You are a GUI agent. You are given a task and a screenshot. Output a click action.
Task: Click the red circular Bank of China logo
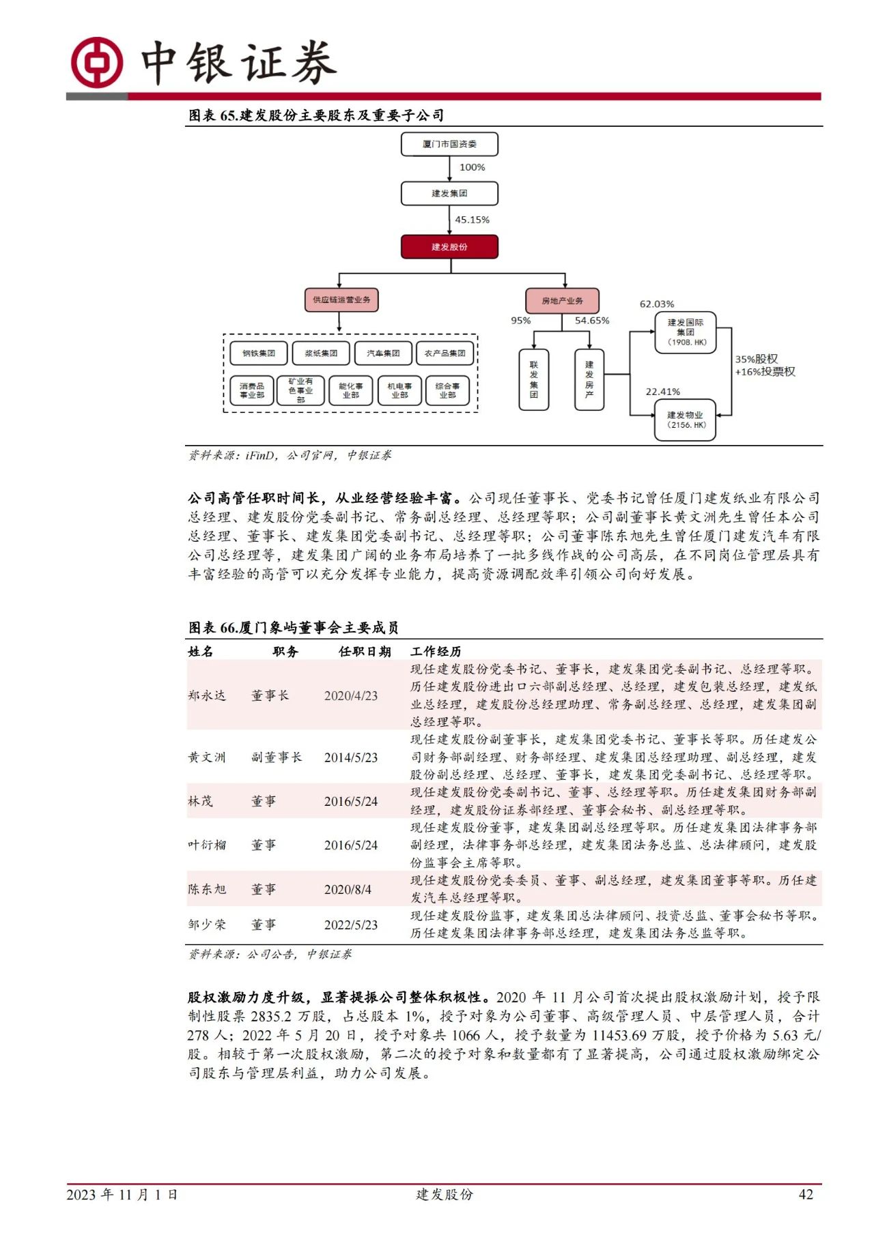click(98, 63)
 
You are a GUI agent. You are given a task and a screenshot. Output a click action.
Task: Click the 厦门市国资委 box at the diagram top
click(449, 144)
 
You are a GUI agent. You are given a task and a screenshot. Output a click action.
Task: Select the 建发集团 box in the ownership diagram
click(449, 194)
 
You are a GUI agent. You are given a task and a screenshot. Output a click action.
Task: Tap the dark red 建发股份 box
click(449, 247)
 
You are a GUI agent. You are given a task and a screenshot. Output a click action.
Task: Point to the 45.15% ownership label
click(472, 220)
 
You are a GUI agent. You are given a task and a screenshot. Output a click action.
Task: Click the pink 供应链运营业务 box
click(341, 300)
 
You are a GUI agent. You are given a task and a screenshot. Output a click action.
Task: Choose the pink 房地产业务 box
click(562, 301)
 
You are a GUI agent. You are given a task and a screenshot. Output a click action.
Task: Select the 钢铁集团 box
click(259, 353)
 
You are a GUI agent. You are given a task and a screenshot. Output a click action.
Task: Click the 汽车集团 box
click(383, 353)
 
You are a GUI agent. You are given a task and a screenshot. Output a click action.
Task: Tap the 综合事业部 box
click(447, 391)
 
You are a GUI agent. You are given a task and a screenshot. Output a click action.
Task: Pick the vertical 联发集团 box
click(534, 380)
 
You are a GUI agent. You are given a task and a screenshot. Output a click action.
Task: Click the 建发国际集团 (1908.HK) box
click(686, 332)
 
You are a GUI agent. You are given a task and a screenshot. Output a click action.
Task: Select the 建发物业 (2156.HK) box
click(686, 420)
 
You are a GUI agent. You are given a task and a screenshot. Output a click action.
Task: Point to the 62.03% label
click(656, 304)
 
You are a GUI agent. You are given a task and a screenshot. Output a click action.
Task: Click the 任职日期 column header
click(365, 652)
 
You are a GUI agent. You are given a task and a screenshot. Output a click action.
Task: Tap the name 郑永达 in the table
click(206, 695)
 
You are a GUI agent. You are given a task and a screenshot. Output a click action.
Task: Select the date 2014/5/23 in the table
click(351, 757)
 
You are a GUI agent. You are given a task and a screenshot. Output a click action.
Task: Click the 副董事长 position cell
click(276, 757)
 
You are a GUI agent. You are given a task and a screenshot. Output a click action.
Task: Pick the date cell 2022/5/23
click(351, 925)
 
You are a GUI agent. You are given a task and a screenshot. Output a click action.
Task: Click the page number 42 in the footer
click(806, 1194)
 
